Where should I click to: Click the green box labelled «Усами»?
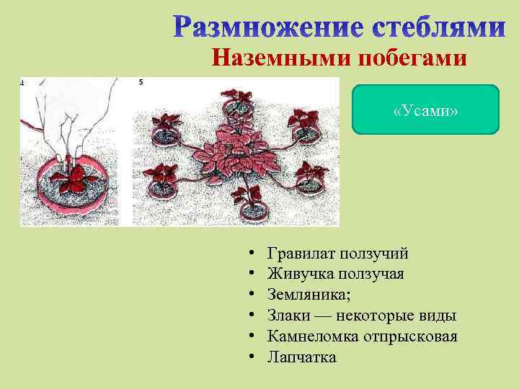(425, 109)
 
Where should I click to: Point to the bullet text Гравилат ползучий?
(337, 254)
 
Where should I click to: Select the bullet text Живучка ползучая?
(335, 274)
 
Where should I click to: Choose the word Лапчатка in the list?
(301, 357)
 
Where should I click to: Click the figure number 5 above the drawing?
(141, 82)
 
